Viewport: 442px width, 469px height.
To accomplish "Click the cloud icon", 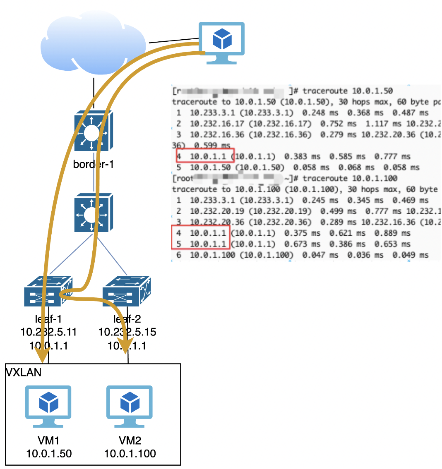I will click(x=94, y=45).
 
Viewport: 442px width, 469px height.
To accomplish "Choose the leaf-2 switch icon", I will click(x=127, y=292).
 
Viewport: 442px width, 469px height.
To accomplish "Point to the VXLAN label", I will click(x=24, y=372).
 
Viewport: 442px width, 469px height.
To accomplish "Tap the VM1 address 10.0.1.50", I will click(x=49, y=454).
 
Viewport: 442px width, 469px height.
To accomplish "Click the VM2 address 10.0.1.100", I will click(x=130, y=454).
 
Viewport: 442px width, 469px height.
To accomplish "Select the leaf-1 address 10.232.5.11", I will click(x=48, y=332).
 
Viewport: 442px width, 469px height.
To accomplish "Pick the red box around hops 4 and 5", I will click(x=200, y=238).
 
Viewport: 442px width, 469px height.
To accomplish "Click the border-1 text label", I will click(x=93, y=165).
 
